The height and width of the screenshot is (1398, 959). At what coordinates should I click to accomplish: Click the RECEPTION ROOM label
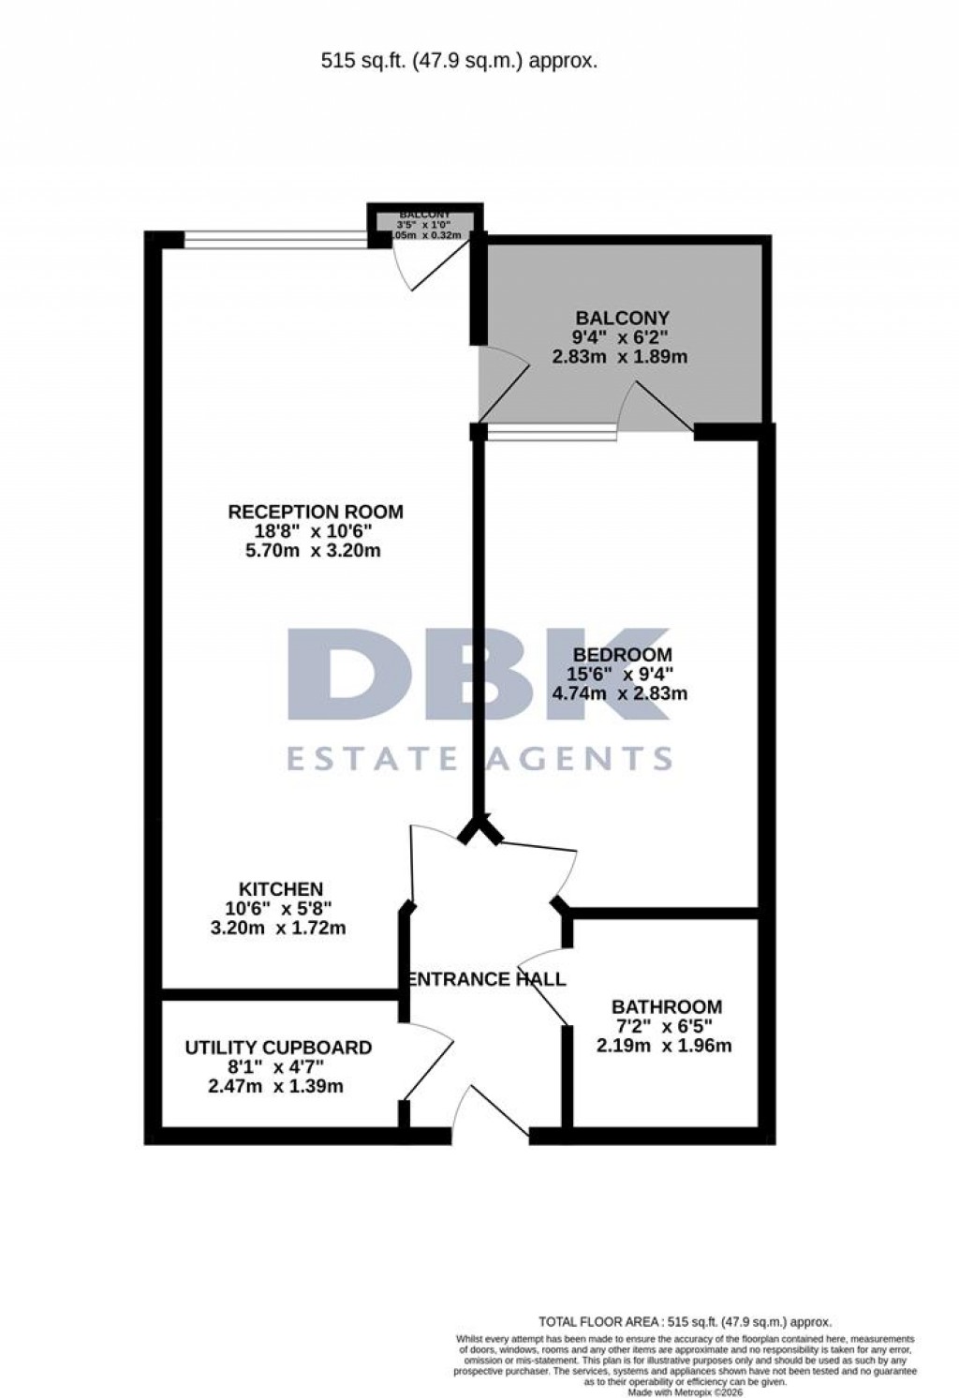click(x=316, y=512)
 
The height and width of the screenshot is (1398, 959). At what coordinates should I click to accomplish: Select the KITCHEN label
click(x=281, y=888)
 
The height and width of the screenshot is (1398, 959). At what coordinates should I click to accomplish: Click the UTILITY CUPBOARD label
click(x=278, y=1048)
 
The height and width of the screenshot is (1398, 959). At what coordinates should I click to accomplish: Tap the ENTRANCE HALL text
click(x=488, y=979)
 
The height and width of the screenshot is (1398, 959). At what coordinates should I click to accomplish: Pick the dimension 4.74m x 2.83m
click(x=620, y=693)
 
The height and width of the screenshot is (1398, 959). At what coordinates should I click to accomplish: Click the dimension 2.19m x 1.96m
click(x=664, y=1046)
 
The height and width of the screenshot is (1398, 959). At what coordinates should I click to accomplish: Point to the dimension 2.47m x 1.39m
click(x=275, y=1087)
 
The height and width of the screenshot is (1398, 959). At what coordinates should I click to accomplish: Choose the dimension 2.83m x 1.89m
click(x=620, y=357)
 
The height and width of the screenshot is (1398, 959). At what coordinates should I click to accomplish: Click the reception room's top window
click(x=275, y=240)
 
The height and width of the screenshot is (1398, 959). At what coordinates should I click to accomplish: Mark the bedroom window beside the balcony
click(x=553, y=432)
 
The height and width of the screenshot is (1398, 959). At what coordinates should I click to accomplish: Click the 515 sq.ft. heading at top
click(x=459, y=62)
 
